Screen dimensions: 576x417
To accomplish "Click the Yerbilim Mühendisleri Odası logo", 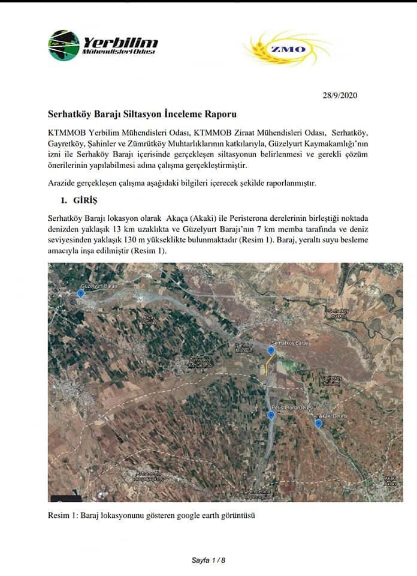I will [x=102, y=46].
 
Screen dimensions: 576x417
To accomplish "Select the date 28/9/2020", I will [x=340, y=95].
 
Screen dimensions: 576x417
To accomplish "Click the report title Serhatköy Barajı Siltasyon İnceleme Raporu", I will [x=142, y=113].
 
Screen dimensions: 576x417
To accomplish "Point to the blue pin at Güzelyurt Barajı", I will [x=81, y=293].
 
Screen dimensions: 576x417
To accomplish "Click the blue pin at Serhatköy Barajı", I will [x=271, y=350].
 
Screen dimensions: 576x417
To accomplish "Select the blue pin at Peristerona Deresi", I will [x=271, y=415].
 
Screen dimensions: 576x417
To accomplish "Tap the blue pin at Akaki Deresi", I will [x=319, y=424].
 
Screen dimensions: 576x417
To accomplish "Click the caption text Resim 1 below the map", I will [x=60, y=515].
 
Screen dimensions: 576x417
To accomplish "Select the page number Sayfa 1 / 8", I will [x=208, y=560].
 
